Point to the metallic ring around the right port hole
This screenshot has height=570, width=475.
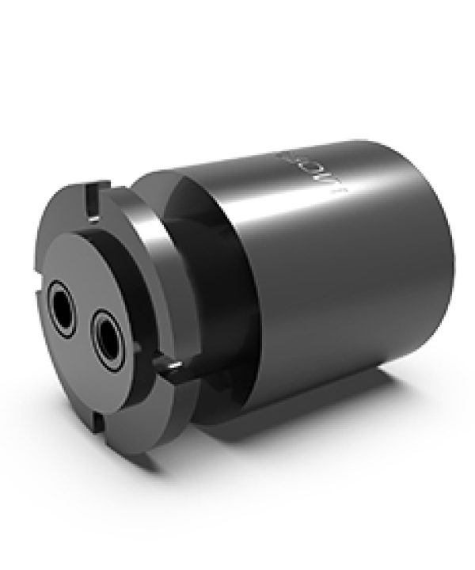click(93, 331)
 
